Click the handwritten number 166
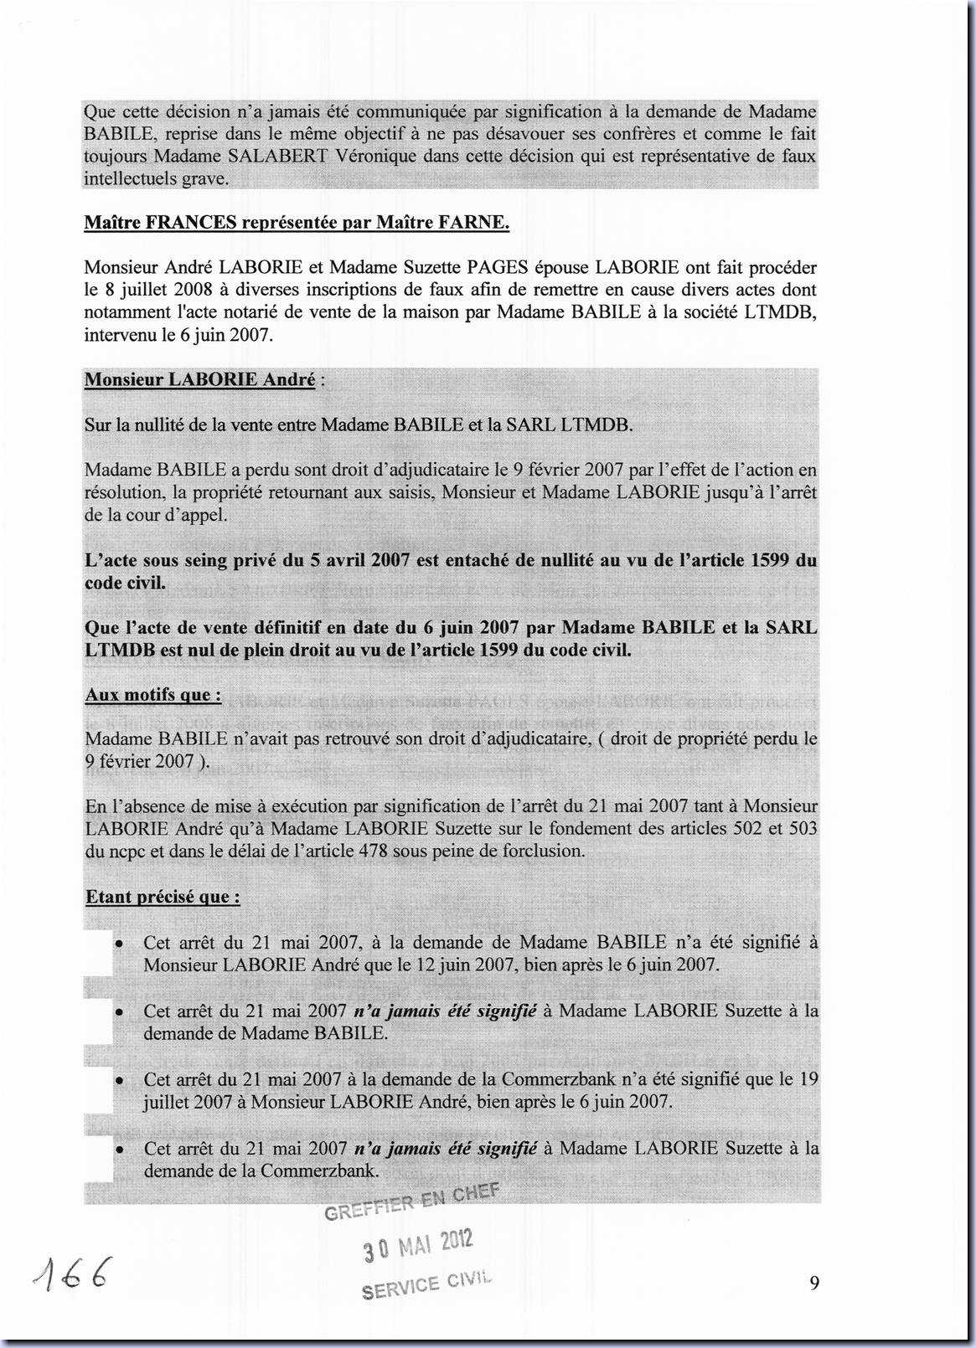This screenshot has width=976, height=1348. [71, 1276]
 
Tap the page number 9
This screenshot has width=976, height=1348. [814, 1283]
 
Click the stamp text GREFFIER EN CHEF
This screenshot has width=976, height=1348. [411, 1201]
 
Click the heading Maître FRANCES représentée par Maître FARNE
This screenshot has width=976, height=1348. [297, 222]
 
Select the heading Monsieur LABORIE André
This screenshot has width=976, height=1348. [200, 379]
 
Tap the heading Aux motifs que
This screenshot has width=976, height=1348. [152, 695]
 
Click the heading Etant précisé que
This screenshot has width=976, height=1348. [163, 897]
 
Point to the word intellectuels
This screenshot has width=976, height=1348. [130, 178]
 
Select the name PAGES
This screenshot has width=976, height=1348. [497, 268]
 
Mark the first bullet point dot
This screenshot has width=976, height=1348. [121, 943]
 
